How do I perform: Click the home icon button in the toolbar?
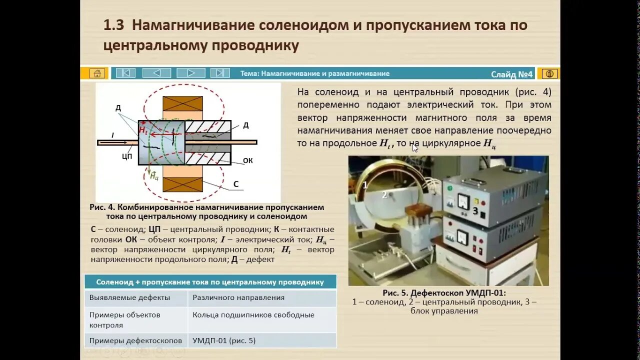(97, 73)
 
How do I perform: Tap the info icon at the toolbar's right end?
(549, 74)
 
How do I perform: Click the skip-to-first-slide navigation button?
(125, 73)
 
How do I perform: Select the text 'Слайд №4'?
(511, 74)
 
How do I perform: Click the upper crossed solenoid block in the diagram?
(182, 103)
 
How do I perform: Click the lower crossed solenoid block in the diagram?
(182, 184)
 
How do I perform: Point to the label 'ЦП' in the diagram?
(126, 156)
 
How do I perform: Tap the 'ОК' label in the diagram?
(247, 160)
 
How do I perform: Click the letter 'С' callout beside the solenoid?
(236, 184)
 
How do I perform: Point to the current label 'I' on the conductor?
(112, 135)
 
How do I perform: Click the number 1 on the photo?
(365, 185)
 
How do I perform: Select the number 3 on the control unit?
(475, 211)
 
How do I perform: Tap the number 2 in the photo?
(384, 195)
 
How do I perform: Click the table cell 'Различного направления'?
(238, 297)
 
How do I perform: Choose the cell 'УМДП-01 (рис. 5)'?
(224, 340)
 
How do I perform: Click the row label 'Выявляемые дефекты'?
(129, 297)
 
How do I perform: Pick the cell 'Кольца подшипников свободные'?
(253, 315)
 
